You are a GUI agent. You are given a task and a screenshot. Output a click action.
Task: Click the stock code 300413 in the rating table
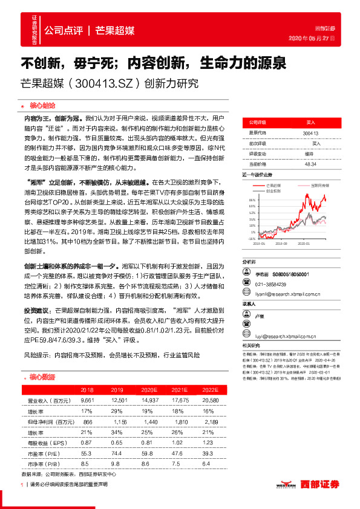pyautogui.click(x=310, y=132)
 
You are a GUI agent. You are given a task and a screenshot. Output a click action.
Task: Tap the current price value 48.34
pyautogui.click(x=311, y=164)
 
